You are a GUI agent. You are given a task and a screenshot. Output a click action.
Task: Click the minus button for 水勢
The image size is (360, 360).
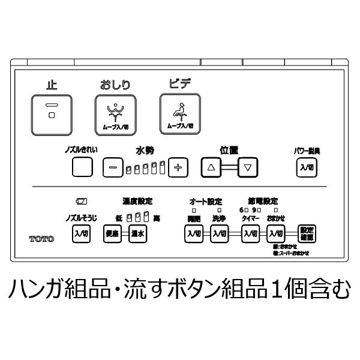112,167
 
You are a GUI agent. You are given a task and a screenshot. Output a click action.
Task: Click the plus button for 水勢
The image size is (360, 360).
178,167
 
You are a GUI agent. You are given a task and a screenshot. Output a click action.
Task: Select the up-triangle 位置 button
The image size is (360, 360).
211,167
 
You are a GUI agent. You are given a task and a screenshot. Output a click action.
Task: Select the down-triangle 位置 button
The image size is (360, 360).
247,167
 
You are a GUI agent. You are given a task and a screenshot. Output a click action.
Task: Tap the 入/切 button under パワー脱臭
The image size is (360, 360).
306,167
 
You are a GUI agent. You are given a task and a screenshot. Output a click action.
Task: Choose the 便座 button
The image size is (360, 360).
112,233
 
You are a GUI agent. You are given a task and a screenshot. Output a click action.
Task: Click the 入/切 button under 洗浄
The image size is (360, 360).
219,233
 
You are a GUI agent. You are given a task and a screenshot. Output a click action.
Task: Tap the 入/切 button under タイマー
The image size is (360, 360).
250,233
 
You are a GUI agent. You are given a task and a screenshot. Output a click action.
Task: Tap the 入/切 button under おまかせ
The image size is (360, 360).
276,233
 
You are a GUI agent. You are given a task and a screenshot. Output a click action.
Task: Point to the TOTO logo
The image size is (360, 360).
41,239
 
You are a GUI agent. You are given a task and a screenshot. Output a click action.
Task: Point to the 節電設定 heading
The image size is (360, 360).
263,201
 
